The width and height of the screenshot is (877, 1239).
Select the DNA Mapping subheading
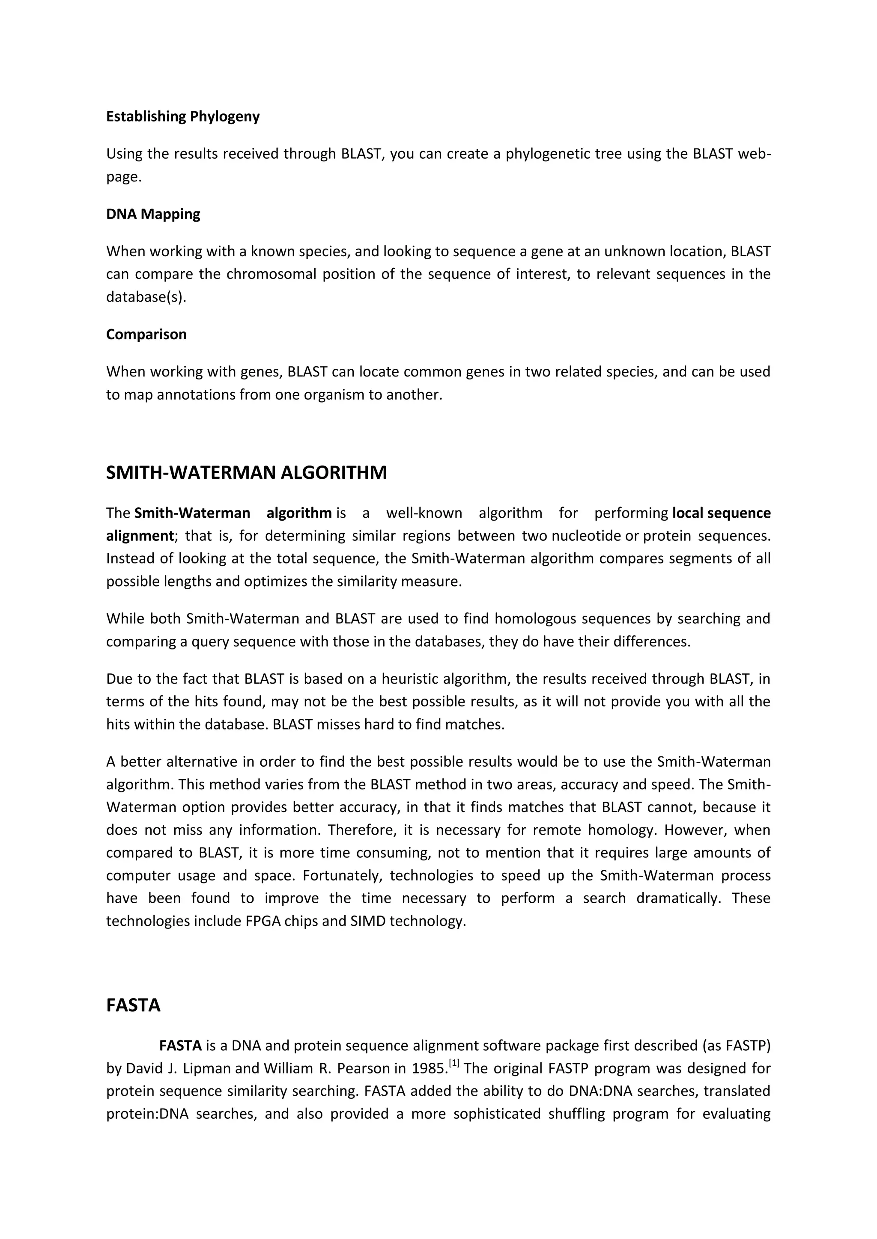[153, 214]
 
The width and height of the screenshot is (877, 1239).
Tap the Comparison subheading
[146, 335]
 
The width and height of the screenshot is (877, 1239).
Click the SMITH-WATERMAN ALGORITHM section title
[246, 473]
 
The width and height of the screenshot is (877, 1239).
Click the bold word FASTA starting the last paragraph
[180, 1046]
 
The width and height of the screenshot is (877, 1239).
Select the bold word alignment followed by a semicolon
[139, 536]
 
